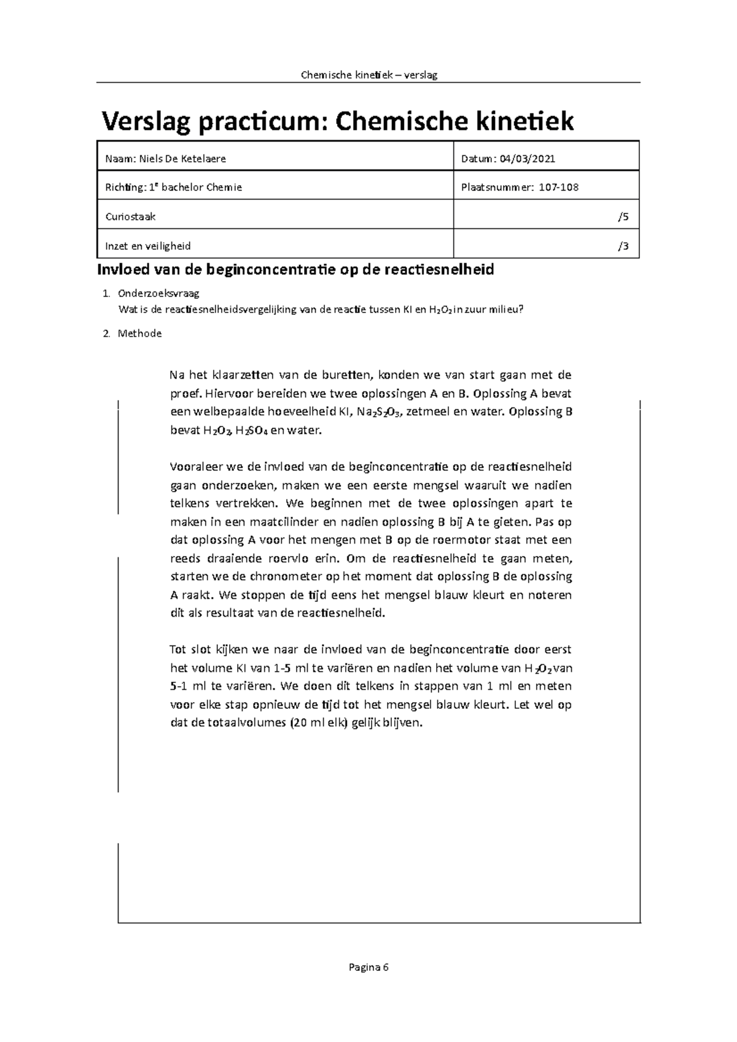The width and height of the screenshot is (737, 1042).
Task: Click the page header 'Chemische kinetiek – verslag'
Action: click(368, 75)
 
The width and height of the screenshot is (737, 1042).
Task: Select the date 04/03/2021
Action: click(527, 158)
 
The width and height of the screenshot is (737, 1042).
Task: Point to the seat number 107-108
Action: click(558, 187)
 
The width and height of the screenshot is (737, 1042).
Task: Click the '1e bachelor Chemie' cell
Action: click(195, 187)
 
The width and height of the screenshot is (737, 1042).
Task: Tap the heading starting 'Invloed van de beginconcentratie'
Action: click(296, 269)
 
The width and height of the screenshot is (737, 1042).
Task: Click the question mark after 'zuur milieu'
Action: click(522, 309)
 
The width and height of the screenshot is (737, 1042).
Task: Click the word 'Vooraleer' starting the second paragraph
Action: click(195, 467)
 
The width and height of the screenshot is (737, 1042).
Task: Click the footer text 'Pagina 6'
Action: click(368, 968)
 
